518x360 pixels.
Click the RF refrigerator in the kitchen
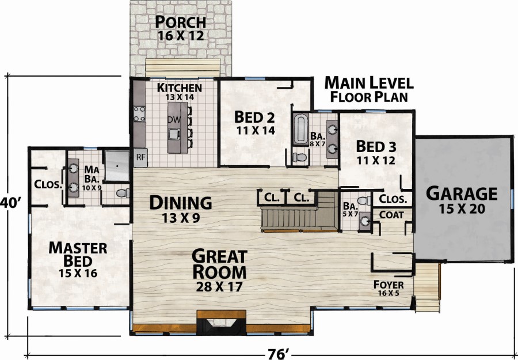(140, 157)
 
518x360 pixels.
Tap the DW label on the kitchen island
(174, 119)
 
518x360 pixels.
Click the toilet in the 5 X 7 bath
(364, 200)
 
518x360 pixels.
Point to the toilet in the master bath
(124, 193)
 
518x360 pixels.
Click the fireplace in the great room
(221, 323)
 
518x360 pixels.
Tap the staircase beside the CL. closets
(299, 211)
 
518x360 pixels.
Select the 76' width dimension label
(276, 354)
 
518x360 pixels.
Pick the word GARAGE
(461, 194)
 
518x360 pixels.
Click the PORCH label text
(180, 22)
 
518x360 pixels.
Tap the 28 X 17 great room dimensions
(219, 286)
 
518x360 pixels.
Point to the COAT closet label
(391, 215)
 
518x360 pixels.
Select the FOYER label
(389, 285)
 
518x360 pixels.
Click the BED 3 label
(376, 146)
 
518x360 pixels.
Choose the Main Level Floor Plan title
(369, 89)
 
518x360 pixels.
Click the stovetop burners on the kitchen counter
(139, 113)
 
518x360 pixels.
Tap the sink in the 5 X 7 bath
(365, 221)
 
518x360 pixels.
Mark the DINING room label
(180, 202)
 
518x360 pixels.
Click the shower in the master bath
(117, 166)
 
